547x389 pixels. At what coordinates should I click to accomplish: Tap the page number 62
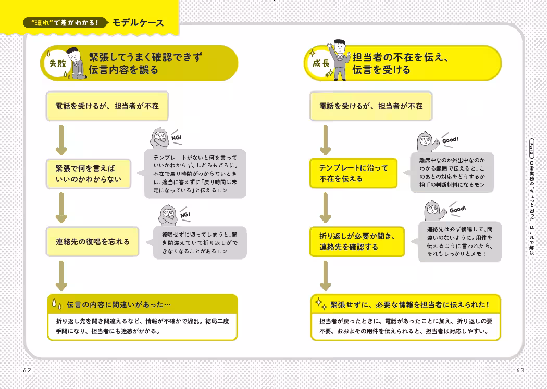(27, 370)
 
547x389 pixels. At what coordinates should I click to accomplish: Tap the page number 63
(519, 370)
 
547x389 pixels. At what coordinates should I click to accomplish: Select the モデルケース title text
(138, 22)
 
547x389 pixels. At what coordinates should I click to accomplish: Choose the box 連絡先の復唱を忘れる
(93, 242)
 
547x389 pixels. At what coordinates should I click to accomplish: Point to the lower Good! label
(457, 210)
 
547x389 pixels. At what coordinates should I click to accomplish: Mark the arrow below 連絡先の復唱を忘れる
(61, 276)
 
